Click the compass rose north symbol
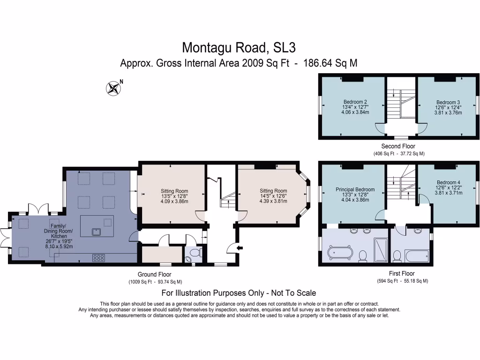pos(113,88)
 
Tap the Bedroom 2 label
pos(355,102)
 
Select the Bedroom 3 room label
pos(448,102)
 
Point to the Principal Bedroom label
pos(355,189)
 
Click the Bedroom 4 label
pos(449,182)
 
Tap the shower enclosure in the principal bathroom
pos(381,250)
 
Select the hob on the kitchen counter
pos(98,258)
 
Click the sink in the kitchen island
pos(97,232)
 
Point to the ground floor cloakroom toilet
pos(195,253)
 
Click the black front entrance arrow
pos(240,247)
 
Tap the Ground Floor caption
pos(154,274)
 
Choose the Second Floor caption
pos(398,146)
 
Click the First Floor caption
pos(402,273)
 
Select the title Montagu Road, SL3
pos(239,47)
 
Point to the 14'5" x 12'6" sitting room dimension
pos(273,196)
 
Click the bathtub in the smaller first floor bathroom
pos(417,255)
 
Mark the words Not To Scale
pos(293,293)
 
